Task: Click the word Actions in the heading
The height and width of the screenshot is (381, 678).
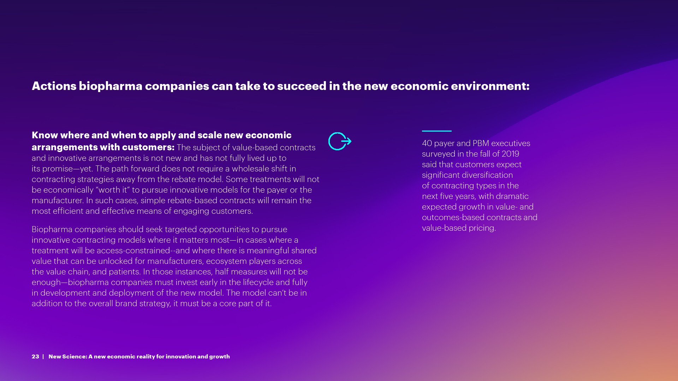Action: [54, 86]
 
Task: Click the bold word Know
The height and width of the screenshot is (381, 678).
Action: [45, 135]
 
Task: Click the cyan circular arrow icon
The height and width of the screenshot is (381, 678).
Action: [340, 141]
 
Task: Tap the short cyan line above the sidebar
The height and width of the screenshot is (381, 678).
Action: [437, 131]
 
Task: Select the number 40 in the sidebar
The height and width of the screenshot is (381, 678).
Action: [427, 143]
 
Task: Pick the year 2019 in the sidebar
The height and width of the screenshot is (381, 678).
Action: [511, 154]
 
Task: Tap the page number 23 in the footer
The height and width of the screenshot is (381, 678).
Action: [35, 357]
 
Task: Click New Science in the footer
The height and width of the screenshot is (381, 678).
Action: [68, 357]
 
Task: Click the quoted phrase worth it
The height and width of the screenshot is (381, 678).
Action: [113, 190]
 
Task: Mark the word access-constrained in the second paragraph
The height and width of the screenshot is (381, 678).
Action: [133, 250]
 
